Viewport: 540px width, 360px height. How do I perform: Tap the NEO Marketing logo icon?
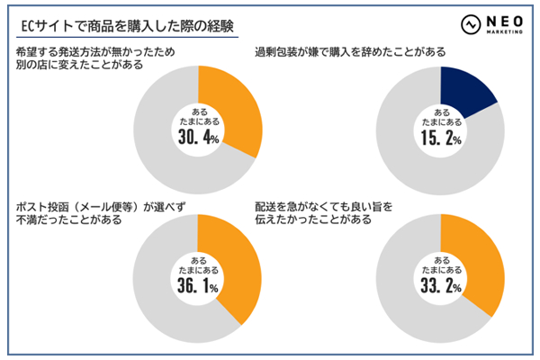pos(471,24)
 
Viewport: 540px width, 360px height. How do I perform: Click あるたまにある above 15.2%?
pos(440,114)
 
